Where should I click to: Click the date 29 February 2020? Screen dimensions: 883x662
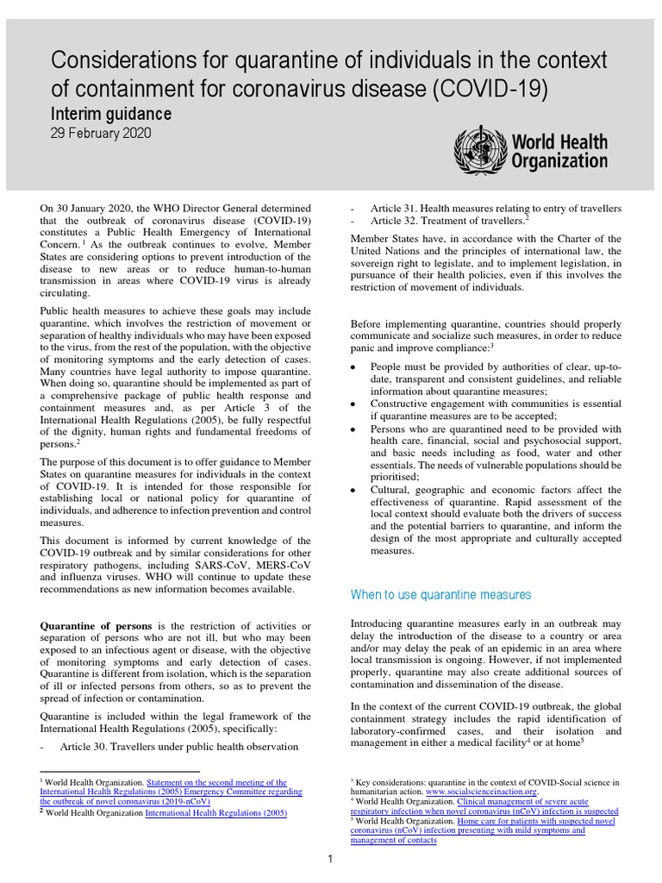click(102, 135)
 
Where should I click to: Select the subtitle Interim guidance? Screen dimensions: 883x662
click(112, 115)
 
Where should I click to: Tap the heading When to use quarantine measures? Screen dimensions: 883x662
click(440, 595)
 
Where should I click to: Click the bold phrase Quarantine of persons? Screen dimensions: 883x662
click(97, 625)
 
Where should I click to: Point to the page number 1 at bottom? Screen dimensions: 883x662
click(330, 859)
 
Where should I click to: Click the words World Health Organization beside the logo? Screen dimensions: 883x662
click(559, 150)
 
